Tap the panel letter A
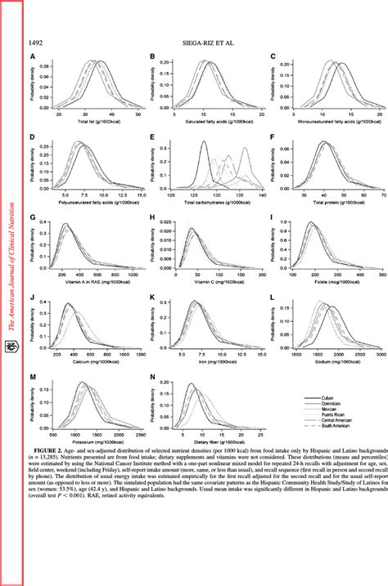tap(32, 57)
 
